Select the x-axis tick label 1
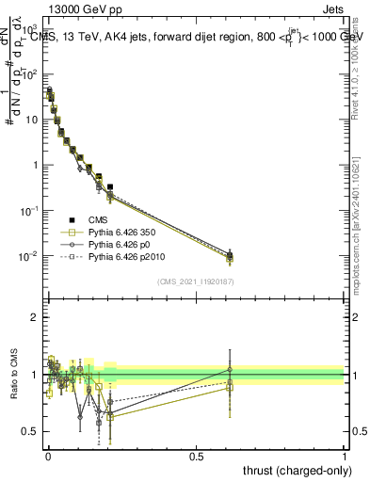[345, 455]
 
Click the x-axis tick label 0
[47, 455]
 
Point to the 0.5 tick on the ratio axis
[29, 431]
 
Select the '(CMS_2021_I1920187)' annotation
[195, 281]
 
